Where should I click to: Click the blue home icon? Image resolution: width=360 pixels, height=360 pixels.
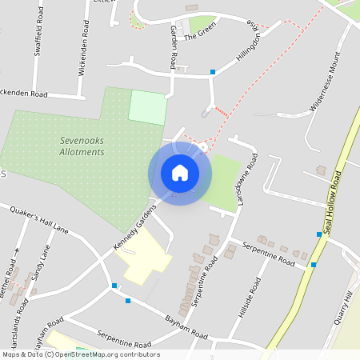pyautogui.click(x=180, y=173)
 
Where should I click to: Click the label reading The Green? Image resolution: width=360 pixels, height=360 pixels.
pyautogui.click(x=201, y=36)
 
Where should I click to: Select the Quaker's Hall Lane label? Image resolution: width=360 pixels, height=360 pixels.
pyautogui.click(x=38, y=222)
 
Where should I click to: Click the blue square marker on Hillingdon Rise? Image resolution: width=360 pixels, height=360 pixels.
pyautogui.click(x=213, y=73)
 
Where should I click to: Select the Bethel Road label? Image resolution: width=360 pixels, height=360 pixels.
pyautogui.click(x=9, y=274)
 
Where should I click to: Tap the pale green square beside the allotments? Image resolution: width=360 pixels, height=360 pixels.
pyautogui.click(x=147, y=107)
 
